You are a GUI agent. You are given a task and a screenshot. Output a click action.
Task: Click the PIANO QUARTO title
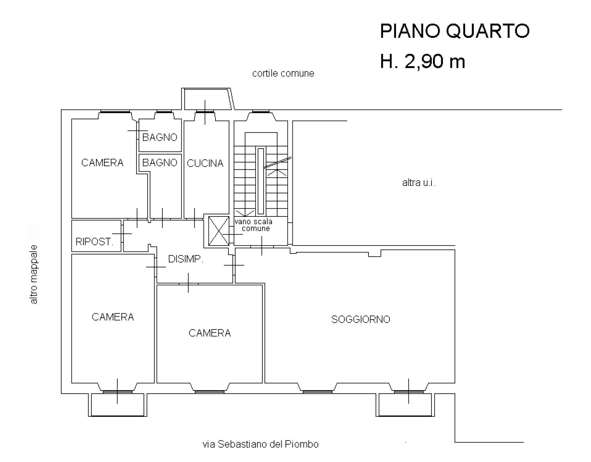click(x=454, y=31)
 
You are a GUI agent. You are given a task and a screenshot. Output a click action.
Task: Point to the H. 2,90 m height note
click(x=422, y=62)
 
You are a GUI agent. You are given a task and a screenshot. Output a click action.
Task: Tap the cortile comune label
click(x=283, y=74)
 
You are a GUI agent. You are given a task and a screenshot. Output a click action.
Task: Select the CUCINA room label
click(x=205, y=163)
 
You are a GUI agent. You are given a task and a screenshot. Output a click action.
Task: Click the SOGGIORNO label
click(x=360, y=319)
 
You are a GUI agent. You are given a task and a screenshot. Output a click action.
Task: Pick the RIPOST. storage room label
click(x=94, y=241)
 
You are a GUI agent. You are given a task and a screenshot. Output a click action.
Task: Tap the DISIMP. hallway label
click(x=186, y=259)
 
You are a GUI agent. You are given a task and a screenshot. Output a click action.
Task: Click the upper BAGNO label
click(x=160, y=137)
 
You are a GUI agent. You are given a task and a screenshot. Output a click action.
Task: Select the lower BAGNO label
click(x=160, y=163)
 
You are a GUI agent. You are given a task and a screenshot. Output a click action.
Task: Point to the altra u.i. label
click(x=419, y=183)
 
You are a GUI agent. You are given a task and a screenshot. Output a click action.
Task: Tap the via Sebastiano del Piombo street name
click(x=260, y=444)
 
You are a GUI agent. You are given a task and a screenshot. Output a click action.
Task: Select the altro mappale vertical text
click(x=34, y=274)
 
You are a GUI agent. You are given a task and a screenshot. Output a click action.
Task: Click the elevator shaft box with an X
click(x=218, y=230)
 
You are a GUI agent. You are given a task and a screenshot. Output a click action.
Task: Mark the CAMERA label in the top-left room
click(x=102, y=163)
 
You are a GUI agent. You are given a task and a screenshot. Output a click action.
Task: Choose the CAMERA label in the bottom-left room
click(x=113, y=317)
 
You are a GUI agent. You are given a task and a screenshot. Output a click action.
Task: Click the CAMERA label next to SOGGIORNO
click(x=209, y=333)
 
